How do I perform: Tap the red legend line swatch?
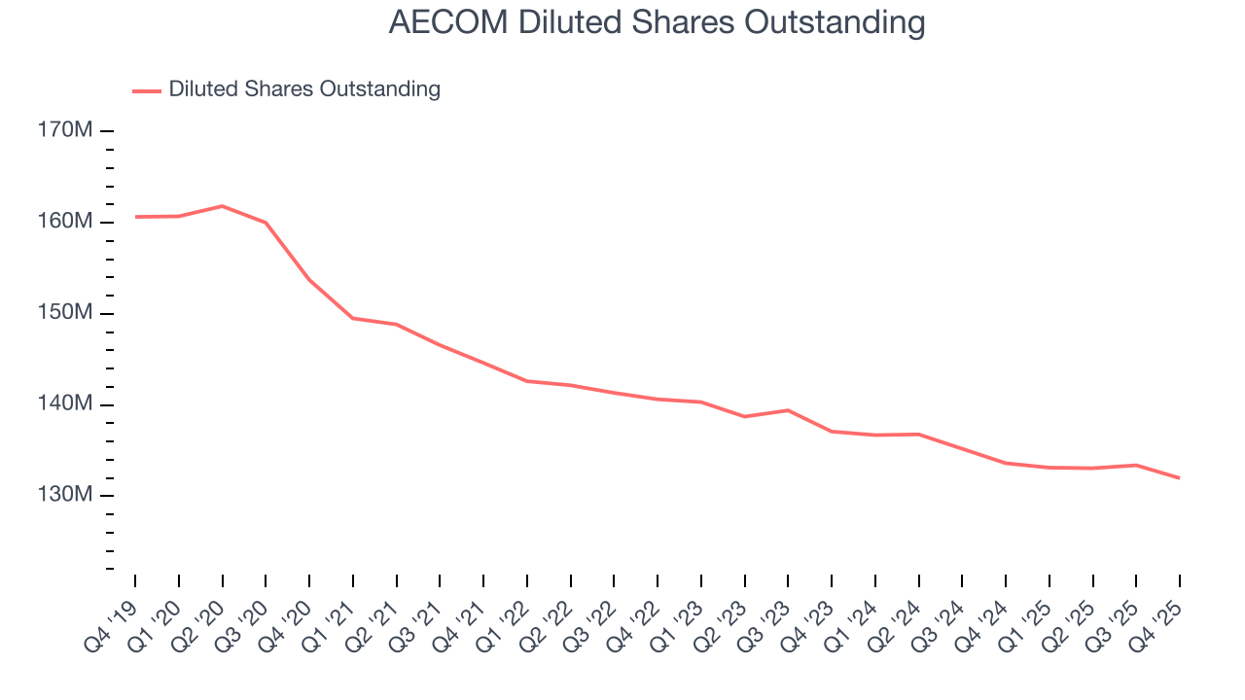click(x=146, y=90)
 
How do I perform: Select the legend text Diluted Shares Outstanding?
click(x=304, y=89)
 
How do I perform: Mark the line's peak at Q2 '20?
click(x=222, y=206)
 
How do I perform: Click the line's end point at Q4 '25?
click(x=1180, y=478)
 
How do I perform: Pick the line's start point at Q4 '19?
click(x=135, y=217)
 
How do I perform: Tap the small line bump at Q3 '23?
click(x=788, y=410)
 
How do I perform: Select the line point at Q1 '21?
click(x=352, y=318)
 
